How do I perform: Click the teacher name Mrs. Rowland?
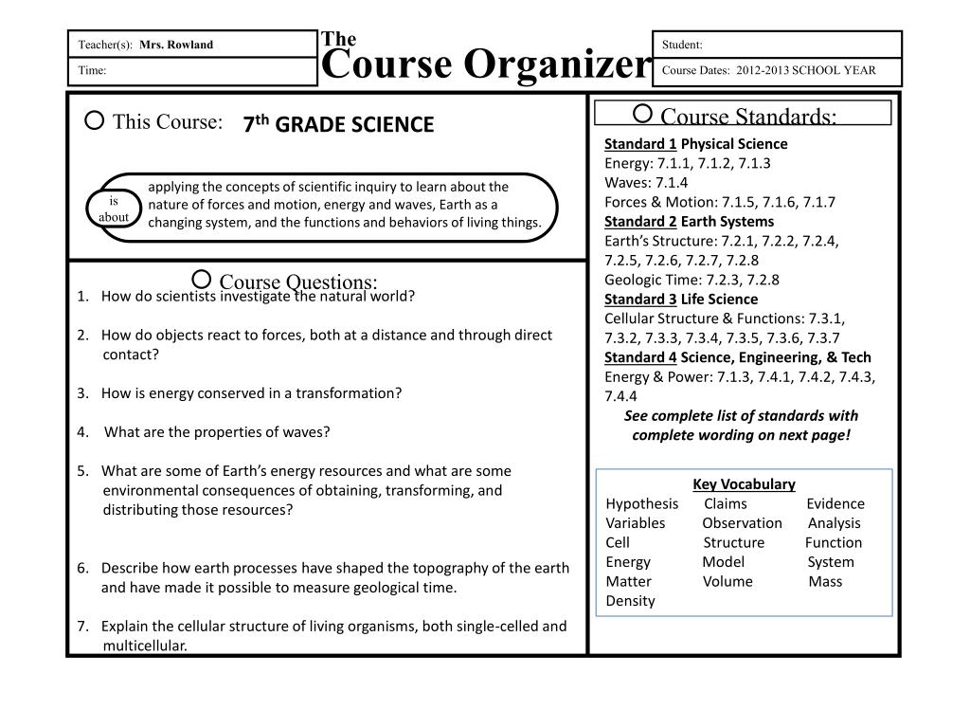pos(176,45)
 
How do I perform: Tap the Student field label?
pos(682,45)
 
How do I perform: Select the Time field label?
pos(92,70)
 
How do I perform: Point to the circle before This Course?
pos(94,120)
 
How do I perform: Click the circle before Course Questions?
pos(201,279)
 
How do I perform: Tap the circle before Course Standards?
pos(641,114)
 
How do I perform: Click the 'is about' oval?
pos(114,209)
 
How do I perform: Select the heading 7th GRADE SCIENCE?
pos(338,125)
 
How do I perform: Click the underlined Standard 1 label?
pos(640,144)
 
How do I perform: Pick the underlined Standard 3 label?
pos(640,300)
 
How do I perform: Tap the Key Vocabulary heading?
pos(744,484)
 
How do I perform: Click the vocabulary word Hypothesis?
pos(642,504)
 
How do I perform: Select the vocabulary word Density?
pos(630,601)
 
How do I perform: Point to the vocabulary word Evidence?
pos(835,504)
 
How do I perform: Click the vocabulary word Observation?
pos(743,523)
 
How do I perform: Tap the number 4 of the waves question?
pos(82,432)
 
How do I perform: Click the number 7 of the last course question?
pos(82,627)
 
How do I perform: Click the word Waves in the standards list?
pos(626,183)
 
